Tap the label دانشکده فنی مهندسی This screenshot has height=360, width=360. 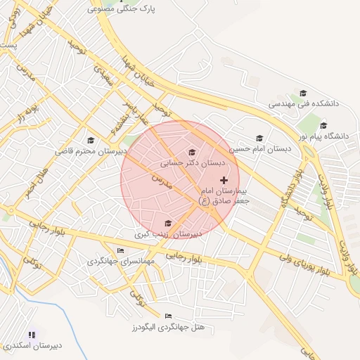304,103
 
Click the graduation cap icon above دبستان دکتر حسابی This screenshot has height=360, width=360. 192,152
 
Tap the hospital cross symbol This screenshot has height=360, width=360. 224,181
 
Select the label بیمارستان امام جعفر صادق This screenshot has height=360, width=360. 224,195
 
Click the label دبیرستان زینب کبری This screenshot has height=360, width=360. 168,233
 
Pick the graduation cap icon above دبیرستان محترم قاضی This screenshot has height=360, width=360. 90,141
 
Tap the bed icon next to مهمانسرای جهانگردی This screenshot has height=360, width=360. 121,251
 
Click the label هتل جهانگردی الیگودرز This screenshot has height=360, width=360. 167,327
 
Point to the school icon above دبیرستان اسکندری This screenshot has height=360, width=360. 31,335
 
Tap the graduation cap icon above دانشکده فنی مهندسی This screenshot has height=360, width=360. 303,93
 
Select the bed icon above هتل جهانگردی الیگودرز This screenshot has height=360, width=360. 167,316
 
